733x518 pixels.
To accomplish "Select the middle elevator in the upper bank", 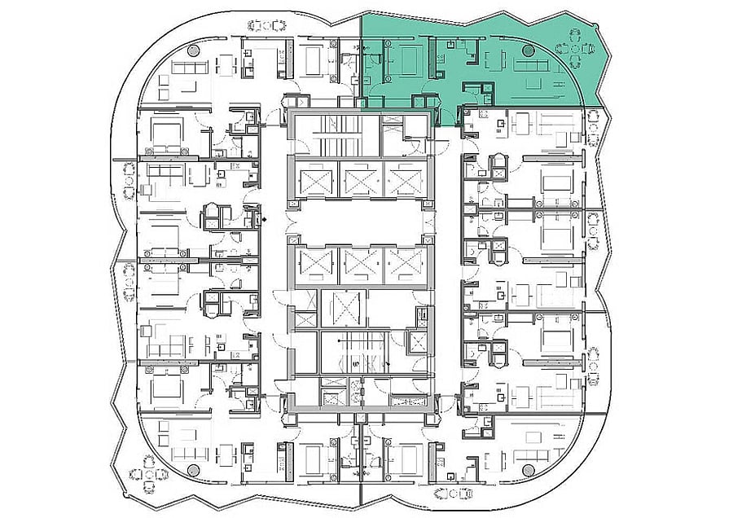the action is click(x=358, y=178).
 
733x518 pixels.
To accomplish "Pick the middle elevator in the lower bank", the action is click(x=358, y=262).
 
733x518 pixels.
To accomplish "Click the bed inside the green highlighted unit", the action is click(x=409, y=62).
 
